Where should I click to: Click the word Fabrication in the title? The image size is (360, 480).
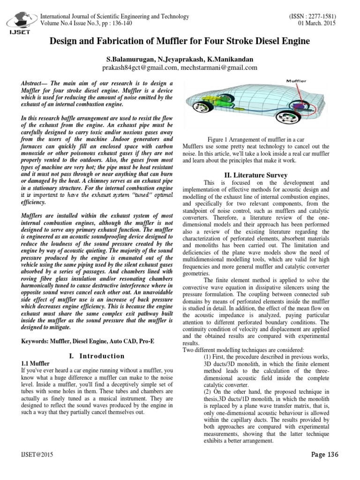(136, 41)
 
